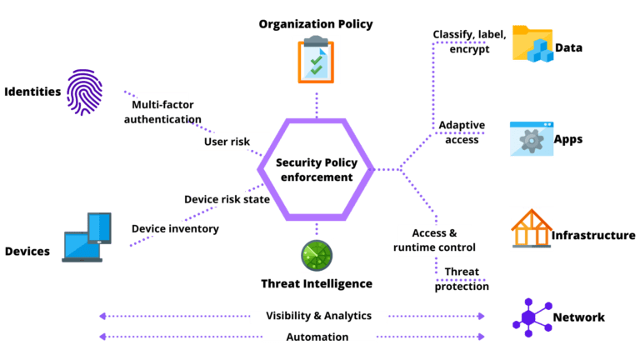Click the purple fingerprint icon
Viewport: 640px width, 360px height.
tap(85, 90)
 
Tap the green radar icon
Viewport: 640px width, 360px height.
tap(317, 255)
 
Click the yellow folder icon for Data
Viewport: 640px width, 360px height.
tap(532, 45)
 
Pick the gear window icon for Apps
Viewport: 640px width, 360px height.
tap(531, 139)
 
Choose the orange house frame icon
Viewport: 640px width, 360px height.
tap(531, 228)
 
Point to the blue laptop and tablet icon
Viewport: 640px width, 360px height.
tap(87, 237)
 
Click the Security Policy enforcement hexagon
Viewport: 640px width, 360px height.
tap(315, 170)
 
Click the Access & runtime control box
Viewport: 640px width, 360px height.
tap(434, 240)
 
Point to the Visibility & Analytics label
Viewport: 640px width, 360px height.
tap(318, 317)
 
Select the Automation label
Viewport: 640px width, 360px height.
tap(317, 337)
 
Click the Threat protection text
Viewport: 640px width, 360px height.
tap(462, 279)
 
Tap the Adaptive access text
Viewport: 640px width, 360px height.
tap(462, 132)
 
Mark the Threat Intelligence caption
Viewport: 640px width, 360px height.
tap(317, 283)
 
